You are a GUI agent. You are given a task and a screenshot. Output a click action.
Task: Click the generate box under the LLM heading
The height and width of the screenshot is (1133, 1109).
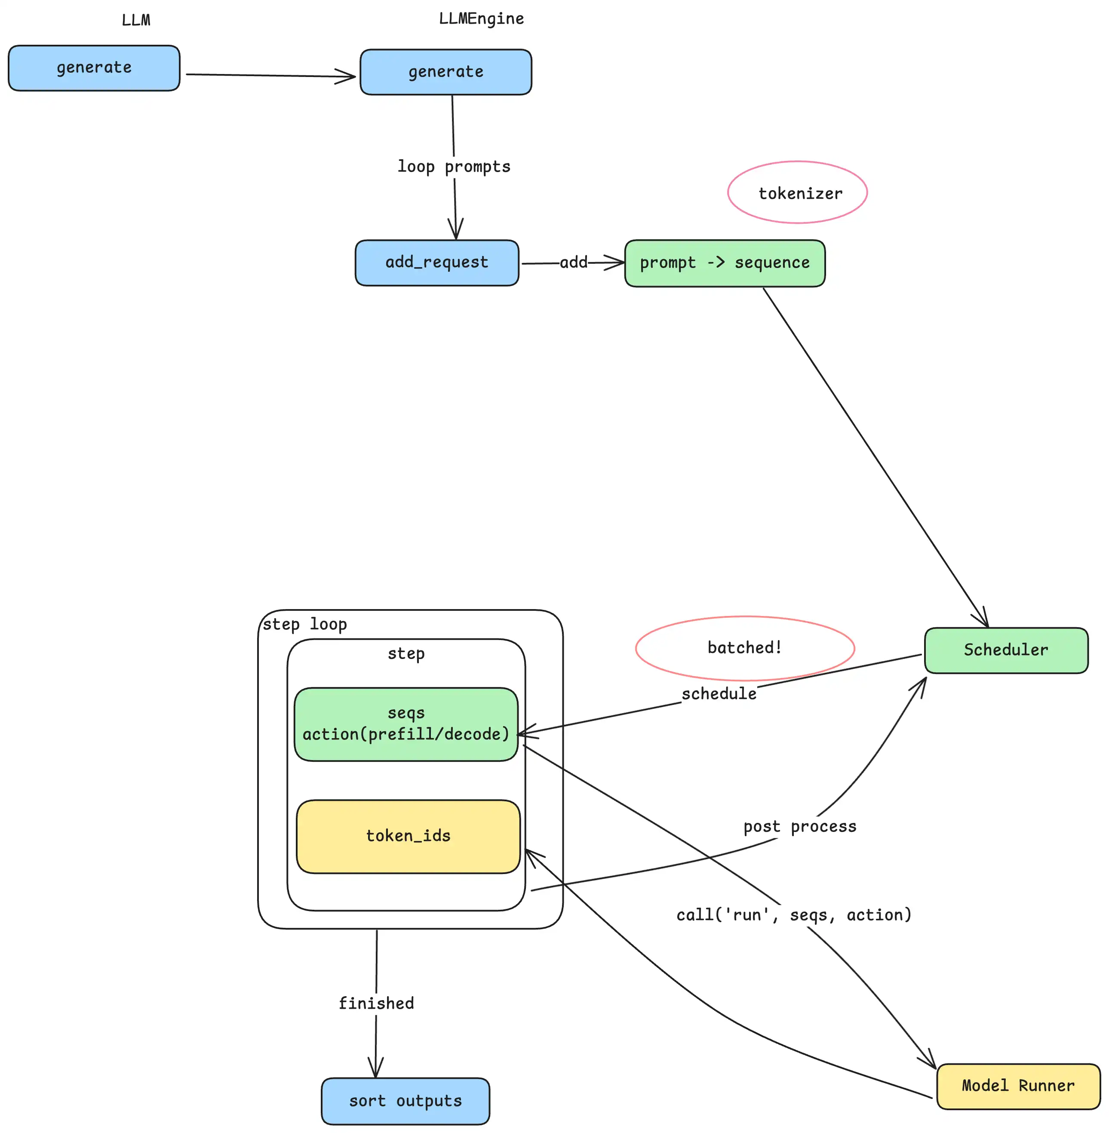(x=94, y=68)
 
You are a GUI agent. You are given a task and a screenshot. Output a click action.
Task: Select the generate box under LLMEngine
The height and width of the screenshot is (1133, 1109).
(x=445, y=72)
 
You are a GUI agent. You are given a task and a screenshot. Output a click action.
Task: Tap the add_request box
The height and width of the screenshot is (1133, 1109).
(x=437, y=263)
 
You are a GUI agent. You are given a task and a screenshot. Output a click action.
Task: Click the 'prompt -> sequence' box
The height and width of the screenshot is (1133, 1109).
(x=725, y=263)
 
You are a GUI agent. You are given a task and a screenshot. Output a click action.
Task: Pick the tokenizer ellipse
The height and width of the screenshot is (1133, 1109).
(x=797, y=193)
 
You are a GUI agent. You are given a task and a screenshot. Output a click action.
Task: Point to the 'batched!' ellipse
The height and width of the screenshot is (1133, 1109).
(x=744, y=648)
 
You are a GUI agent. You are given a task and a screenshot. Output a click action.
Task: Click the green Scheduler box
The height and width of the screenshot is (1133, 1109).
(x=1006, y=650)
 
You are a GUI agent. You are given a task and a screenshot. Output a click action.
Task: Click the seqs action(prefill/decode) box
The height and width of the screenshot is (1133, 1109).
(x=406, y=724)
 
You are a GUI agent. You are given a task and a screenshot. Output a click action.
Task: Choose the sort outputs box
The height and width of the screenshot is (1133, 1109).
(x=406, y=1101)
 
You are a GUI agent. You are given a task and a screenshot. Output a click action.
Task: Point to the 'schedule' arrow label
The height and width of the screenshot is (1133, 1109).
(x=719, y=694)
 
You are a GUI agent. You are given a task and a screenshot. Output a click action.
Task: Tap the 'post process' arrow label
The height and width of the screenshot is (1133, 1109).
(x=800, y=827)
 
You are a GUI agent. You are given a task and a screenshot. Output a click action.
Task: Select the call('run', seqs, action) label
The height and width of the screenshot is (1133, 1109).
(x=793, y=914)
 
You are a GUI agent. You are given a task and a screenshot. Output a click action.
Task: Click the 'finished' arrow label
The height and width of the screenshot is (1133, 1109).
(x=376, y=1003)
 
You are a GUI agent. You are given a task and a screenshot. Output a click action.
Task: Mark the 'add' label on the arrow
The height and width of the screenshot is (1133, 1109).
(x=573, y=263)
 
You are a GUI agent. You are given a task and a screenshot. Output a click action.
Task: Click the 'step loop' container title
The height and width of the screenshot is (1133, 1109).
(x=304, y=625)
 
